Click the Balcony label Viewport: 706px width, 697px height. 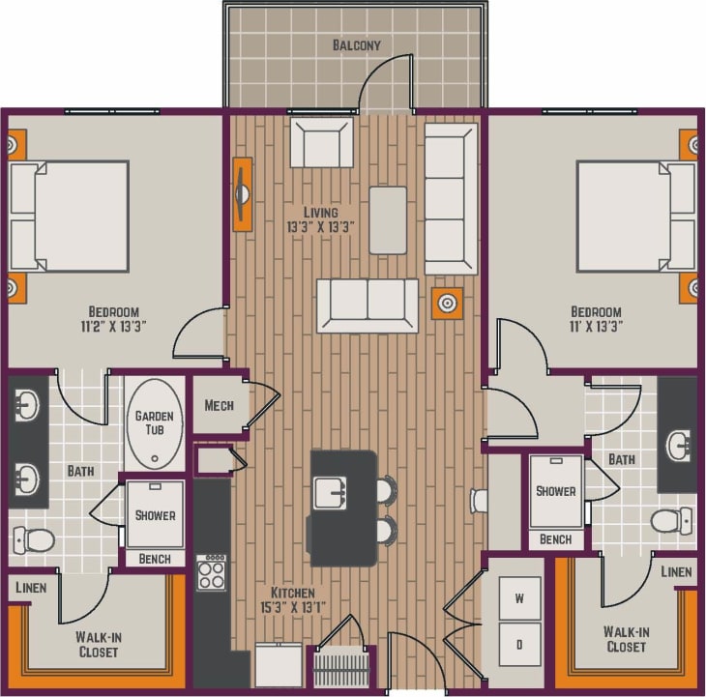tap(356, 45)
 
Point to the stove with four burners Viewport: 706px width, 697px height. tap(211, 571)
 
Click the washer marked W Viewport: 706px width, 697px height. tap(518, 599)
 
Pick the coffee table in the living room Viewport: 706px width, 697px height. tap(388, 219)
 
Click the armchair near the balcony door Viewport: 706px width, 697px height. tap(322, 143)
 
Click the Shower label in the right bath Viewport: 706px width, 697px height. tap(556, 490)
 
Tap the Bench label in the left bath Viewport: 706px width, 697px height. tap(154, 559)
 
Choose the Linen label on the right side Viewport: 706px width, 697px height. tap(677, 572)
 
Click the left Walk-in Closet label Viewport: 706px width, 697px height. tap(97, 644)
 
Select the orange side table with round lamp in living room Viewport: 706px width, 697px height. tap(446, 304)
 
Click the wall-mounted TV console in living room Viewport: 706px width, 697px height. tap(242, 193)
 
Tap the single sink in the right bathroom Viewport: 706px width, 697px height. tap(678, 444)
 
